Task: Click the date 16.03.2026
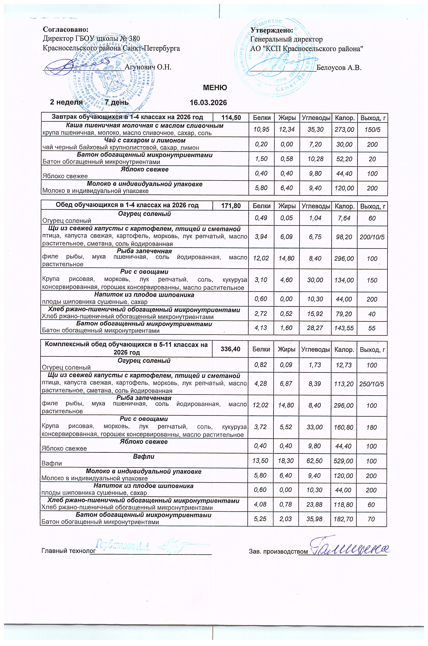(208, 103)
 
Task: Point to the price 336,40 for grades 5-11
(230, 349)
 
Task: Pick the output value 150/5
(372, 129)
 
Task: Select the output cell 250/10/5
(371, 384)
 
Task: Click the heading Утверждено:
(272, 30)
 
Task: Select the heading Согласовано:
(66, 29)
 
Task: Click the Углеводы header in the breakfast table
(316, 118)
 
